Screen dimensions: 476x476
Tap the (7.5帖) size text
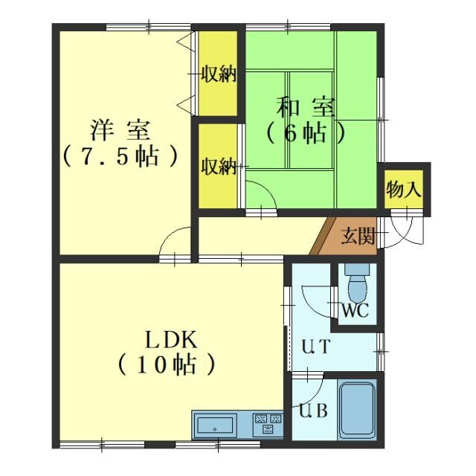pos(120,156)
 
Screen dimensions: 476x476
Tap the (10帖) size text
pos(167,364)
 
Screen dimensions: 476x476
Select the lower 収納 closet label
pos(219,167)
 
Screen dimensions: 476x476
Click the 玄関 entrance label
pos(357,238)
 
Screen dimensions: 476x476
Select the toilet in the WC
pos(357,283)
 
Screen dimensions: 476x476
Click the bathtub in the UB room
pos(358,411)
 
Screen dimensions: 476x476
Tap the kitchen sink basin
pos(215,427)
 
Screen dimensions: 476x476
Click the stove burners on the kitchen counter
pos(268,423)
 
